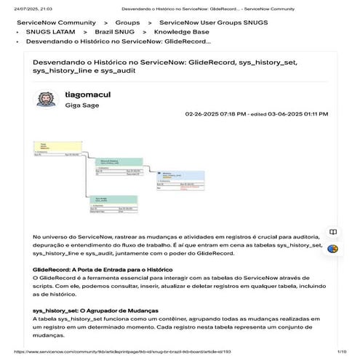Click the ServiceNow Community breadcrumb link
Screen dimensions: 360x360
56,23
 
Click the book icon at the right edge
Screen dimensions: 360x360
332,233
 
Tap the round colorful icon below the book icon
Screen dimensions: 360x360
332,249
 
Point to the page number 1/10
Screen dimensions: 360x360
340,352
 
